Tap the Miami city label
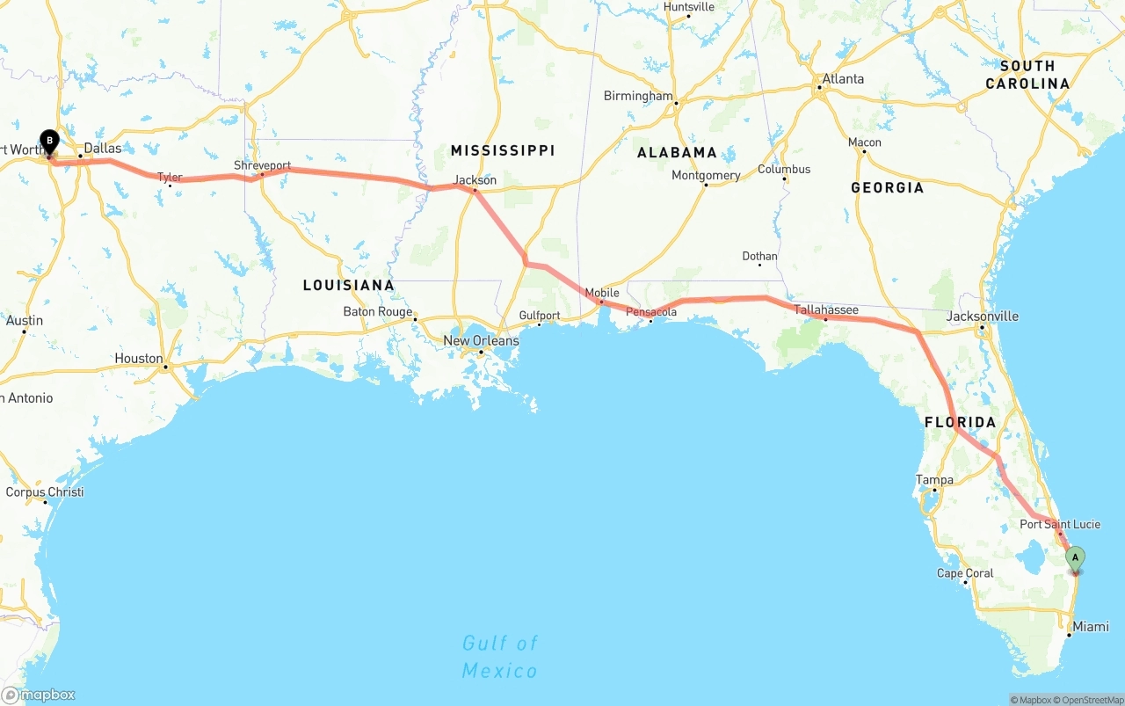pyautogui.click(x=1091, y=627)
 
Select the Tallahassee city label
pyautogui.click(x=825, y=310)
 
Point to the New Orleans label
pyautogui.click(x=481, y=341)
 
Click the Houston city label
pyautogui.click(x=139, y=359)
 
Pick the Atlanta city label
pyautogui.click(x=842, y=79)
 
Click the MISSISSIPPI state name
pyautogui.click(x=503, y=150)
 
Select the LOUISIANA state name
pyautogui.click(x=348, y=285)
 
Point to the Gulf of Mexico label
pyautogui.click(x=500, y=657)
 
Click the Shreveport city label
pyautogui.click(x=262, y=165)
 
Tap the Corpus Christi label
pyautogui.click(x=45, y=492)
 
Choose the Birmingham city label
pyautogui.click(x=638, y=96)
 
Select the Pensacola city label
pyautogui.click(x=651, y=312)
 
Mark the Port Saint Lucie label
pyautogui.click(x=1059, y=525)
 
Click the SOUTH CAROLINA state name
pyautogui.click(x=1027, y=75)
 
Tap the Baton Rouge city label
pyautogui.click(x=378, y=312)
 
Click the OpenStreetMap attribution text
pyautogui.click(x=1092, y=700)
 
